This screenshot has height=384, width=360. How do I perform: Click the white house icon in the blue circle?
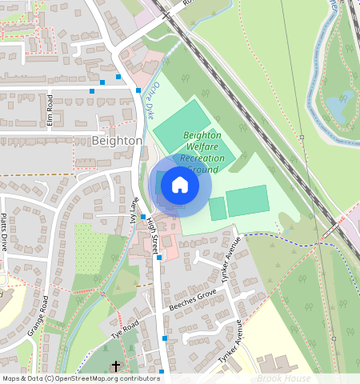tap(180, 186)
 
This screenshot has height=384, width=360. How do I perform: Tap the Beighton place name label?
tap(117, 140)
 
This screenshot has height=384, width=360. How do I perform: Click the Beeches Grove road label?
tap(193, 306)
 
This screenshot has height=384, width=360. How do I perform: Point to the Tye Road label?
tap(126, 328)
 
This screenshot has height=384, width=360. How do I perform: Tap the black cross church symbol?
tap(115, 366)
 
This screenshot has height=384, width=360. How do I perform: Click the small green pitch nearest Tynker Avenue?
tap(218, 209)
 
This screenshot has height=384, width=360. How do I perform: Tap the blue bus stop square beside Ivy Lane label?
tap(142, 217)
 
